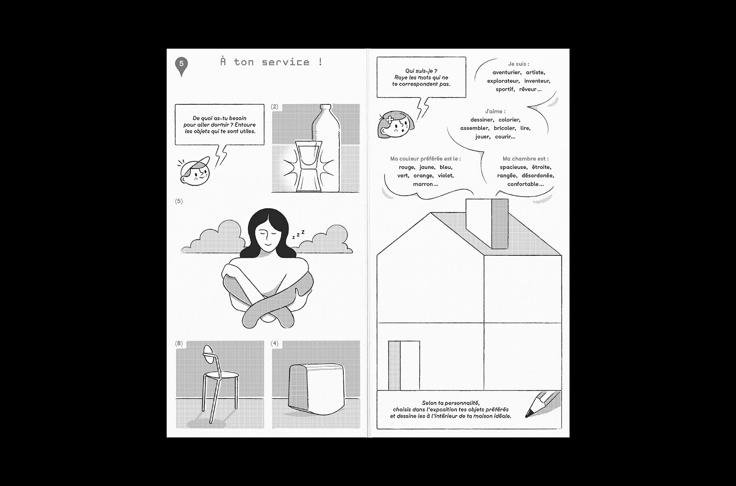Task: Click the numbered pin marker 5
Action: (x=181, y=66)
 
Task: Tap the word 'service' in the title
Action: (x=286, y=62)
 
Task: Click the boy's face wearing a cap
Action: (x=195, y=171)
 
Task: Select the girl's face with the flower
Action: (x=396, y=125)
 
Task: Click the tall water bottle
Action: (x=325, y=148)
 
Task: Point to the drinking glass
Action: (x=308, y=166)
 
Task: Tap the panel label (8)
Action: (x=179, y=343)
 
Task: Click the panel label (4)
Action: (x=274, y=343)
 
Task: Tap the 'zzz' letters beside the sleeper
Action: (x=298, y=234)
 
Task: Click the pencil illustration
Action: (x=542, y=405)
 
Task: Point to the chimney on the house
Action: (x=487, y=223)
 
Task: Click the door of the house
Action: (x=404, y=366)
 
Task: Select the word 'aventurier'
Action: (x=507, y=73)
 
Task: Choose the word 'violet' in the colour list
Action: (x=445, y=176)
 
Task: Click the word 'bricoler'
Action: (x=504, y=129)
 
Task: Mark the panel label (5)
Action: (x=179, y=201)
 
